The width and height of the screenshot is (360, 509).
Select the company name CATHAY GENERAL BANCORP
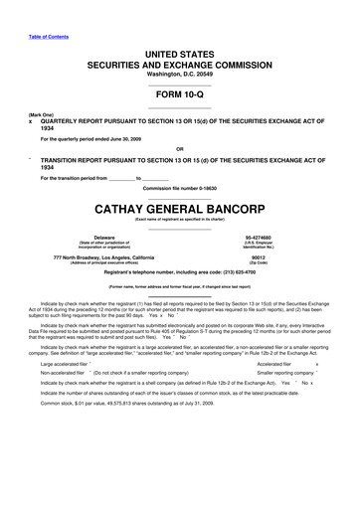point(180,210)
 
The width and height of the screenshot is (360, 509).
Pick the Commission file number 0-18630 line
point(180,188)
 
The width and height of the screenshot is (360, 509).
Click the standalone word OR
point(180,152)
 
